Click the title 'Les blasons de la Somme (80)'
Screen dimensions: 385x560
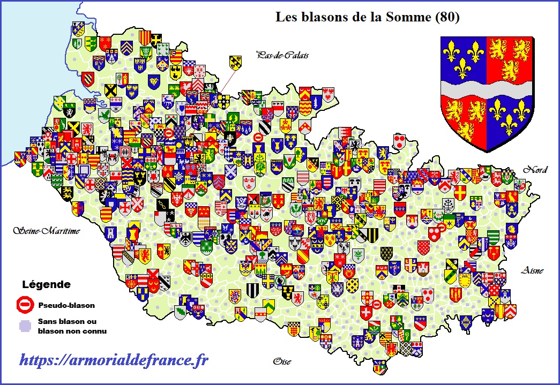(x=367, y=17)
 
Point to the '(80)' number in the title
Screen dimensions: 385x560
(x=447, y=17)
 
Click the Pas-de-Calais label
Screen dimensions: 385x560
(x=282, y=55)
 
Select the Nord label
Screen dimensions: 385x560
(x=535, y=170)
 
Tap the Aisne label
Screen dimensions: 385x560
(x=532, y=271)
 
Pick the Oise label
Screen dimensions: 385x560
(x=281, y=361)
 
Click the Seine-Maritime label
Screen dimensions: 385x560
(x=47, y=231)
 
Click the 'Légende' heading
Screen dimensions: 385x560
(x=46, y=284)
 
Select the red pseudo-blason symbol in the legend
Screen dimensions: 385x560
(x=24, y=305)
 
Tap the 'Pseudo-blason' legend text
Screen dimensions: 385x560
(x=66, y=306)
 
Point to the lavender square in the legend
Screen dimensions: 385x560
(x=23, y=326)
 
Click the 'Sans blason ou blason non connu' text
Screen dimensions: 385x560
(x=72, y=326)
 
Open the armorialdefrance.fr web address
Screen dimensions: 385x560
(x=114, y=360)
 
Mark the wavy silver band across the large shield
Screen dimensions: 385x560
(x=486, y=89)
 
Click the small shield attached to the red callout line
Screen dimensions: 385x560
(x=235, y=62)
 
